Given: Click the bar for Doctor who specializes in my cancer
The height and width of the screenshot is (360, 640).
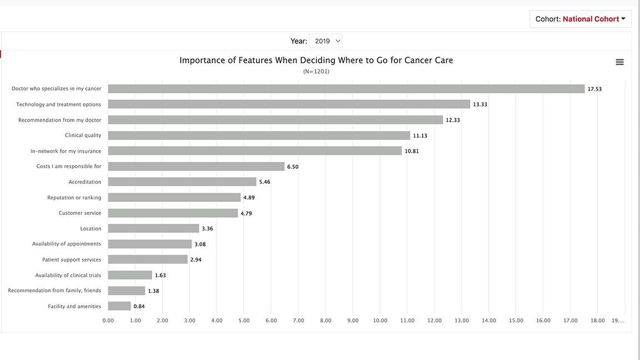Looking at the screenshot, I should click(x=346, y=89).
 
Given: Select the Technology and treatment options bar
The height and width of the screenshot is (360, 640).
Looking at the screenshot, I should click(x=289, y=104).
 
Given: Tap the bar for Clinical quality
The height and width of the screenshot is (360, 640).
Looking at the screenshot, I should click(x=259, y=136).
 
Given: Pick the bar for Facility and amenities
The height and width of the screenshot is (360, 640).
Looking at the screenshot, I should click(x=119, y=306).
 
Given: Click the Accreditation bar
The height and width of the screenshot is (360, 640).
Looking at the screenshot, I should click(x=182, y=182).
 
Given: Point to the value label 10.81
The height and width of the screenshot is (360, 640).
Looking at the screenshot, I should click(x=412, y=151).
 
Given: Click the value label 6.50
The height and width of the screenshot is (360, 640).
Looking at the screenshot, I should click(x=293, y=167).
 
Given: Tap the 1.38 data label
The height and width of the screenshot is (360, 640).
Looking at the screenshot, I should click(x=153, y=291).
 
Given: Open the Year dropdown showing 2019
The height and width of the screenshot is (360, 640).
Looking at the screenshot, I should click(x=326, y=41).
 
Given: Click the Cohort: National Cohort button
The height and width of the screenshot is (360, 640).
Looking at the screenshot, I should click(x=580, y=19).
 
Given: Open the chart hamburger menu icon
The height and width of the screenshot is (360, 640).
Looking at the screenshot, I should click(x=619, y=62).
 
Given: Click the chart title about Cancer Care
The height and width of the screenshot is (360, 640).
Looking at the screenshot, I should click(x=316, y=60).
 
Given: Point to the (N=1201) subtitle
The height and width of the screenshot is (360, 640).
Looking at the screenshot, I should click(x=316, y=71).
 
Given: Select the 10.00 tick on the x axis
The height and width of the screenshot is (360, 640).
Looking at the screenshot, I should click(x=380, y=321).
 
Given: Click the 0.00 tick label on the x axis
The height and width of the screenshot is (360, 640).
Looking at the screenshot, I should click(x=108, y=321).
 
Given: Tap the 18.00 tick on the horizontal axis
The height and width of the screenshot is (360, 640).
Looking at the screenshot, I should click(x=598, y=321).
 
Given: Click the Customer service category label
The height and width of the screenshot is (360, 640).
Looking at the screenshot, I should click(x=80, y=213).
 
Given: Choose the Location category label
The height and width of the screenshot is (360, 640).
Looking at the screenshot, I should click(x=91, y=229).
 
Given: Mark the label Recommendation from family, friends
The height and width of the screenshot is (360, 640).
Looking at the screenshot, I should click(x=54, y=291).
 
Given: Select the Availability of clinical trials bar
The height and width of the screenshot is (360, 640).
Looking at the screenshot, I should click(x=130, y=275).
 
